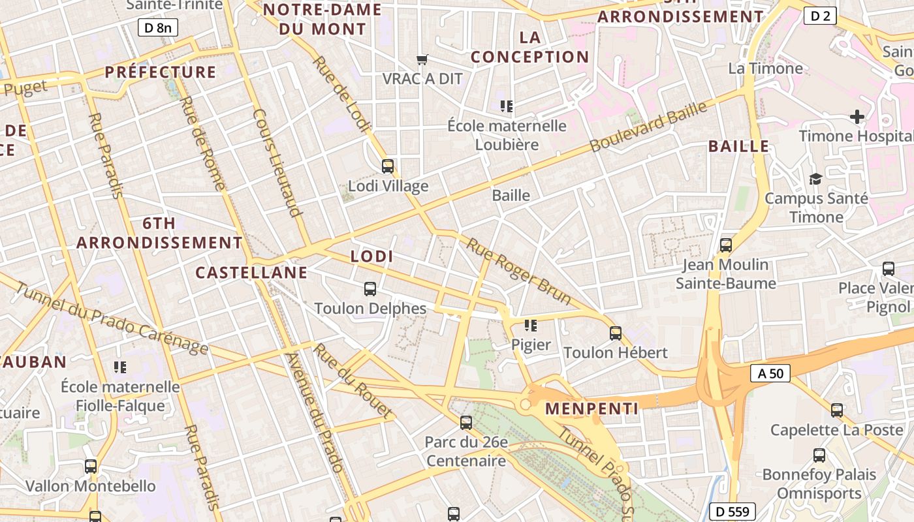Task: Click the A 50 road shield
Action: tap(770, 374)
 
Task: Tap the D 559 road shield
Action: tap(733, 512)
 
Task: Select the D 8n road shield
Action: tap(158, 27)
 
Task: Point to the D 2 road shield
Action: tap(820, 15)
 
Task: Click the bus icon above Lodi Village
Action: tap(388, 166)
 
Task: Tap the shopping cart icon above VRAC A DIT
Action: tap(422, 60)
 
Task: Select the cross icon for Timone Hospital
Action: tap(857, 117)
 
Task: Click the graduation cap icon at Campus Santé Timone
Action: tap(815, 179)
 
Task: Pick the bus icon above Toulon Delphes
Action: tap(370, 289)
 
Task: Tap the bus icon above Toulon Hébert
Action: tap(616, 333)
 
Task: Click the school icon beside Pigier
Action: tap(531, 325)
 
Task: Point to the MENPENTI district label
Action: tap(591, 409)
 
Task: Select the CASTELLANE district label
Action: tap(251, 273)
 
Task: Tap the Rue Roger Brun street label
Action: tap(519, 272)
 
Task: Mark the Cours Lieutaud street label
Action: tap(277, 162)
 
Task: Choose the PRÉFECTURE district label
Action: tap(161, 72)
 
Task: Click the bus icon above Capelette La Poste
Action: tap(837, 410)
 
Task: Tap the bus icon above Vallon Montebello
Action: tap(91, 467)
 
